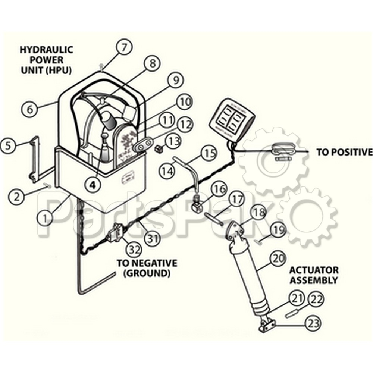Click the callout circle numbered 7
click(x=124, y=47)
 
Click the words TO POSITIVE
click(x=344, y=152)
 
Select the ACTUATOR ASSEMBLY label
click(x=314, y=275)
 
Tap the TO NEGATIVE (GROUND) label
click(x=147, y=268)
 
